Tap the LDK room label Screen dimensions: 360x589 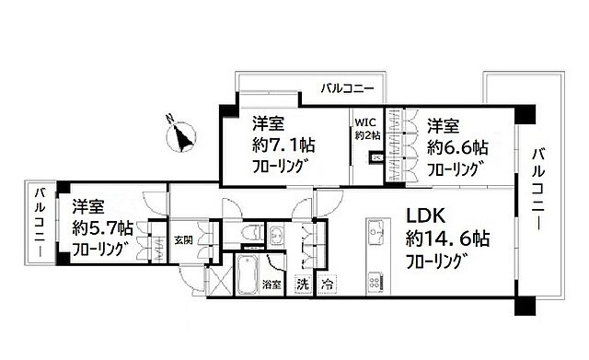point(426,217)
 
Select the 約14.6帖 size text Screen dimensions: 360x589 point(448,238)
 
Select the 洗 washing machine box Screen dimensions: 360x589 point(303,285)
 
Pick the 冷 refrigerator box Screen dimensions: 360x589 point(327,285)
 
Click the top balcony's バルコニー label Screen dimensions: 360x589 point(347,89)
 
